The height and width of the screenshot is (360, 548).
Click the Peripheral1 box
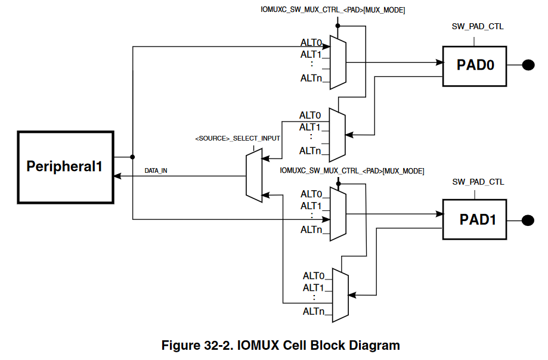(64, 167)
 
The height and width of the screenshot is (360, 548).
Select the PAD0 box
(475, 65)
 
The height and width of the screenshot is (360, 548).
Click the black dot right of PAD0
(528, 65)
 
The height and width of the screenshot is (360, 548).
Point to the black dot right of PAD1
(528, 221)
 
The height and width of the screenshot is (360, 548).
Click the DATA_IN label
(156, 171)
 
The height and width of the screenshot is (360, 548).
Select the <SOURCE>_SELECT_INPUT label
(237, 138)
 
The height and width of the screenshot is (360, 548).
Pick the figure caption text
(281, 345)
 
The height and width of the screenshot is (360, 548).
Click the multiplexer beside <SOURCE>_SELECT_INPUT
(254, 175)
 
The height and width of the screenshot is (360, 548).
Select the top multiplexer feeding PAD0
(338, 63)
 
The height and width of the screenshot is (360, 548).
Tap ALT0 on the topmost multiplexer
(311, 43)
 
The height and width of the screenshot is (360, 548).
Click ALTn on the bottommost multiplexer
(313, 311)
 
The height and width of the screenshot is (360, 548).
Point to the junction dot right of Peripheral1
(132, 157)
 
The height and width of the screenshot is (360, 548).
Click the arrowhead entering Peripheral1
(117, 176)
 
